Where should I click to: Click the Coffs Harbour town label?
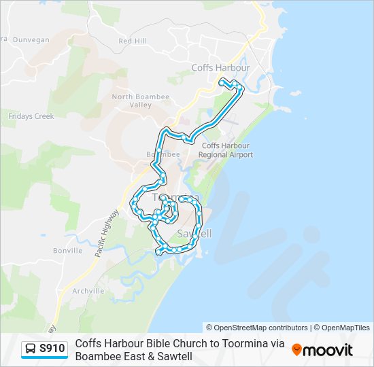(220, 68)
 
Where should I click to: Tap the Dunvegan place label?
(31, 40)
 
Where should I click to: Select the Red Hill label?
(133, 41)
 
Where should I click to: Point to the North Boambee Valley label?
(141, 101)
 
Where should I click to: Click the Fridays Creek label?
(31, 116)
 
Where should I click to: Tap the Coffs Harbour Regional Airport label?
(226, 150)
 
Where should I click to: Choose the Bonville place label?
(67, 250)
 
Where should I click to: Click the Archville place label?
(88, 291)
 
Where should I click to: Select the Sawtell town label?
(194, 234)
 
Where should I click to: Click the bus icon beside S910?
(31, 349)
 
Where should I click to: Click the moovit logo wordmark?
(328, 350)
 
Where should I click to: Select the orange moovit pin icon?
(297, 349)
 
